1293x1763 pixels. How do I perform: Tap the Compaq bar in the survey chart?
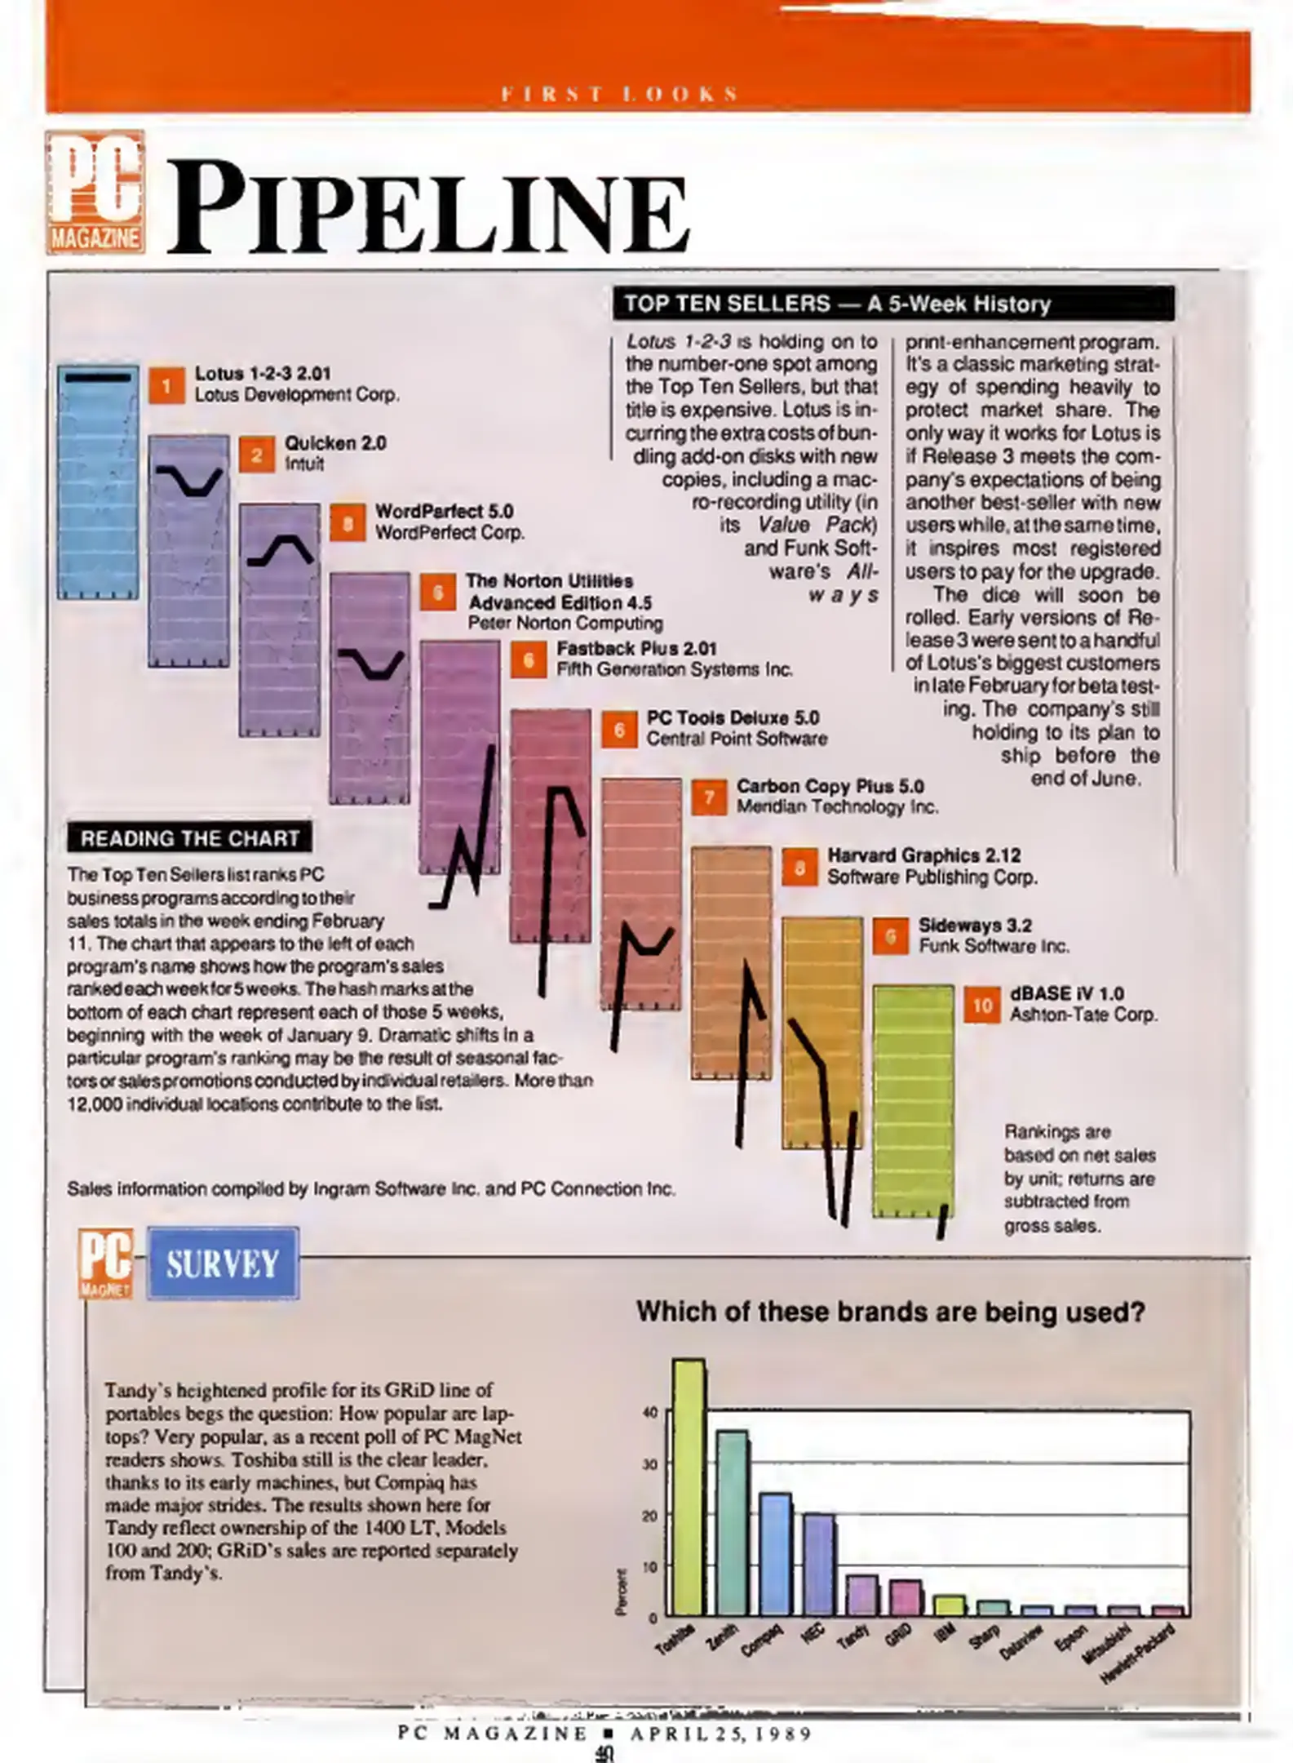[775, 1554]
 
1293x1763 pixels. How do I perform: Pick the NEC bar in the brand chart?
[818, 1565]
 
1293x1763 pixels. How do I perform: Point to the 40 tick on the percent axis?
[650, 1413]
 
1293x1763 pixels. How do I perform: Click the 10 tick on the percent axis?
[650, 1566]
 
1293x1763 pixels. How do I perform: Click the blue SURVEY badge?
[223, 1263]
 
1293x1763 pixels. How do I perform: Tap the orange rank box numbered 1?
[166, 385]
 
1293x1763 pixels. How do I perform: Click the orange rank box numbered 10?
[981, 1005]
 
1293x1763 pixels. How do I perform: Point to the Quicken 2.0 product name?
[335, 443]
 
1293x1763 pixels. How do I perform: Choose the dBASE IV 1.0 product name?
[1066, 993]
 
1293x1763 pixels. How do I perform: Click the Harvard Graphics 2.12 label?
[923, 855]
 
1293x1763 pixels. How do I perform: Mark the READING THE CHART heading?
[189, 838]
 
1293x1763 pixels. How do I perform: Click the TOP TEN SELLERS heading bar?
[892, 304]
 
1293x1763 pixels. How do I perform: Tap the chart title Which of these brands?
[890, 1312]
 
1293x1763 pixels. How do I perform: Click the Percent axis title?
[622, 1591]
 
